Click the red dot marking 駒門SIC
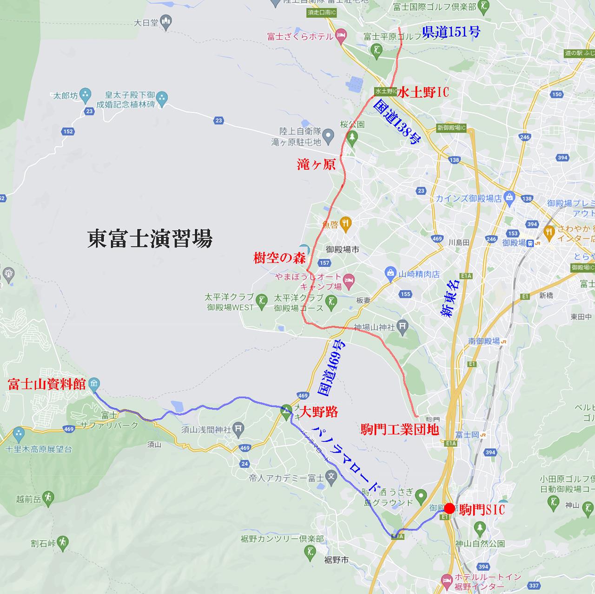pyautogui.click(x=450, y=509)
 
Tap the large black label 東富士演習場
pyautogui.click(x=150, y=239)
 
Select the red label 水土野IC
pyautogui.click(x=423, y=92)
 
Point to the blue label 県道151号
pyautogui.click(x=451, y=32)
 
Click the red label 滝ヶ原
pyautogui.click(x=317, y=164)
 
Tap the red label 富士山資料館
pyautogui.click(x=47, y=385)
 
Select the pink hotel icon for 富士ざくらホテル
pyautogui.click(x=341, y=35)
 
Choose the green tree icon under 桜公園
pyautogui.click(x=352, y=137)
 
